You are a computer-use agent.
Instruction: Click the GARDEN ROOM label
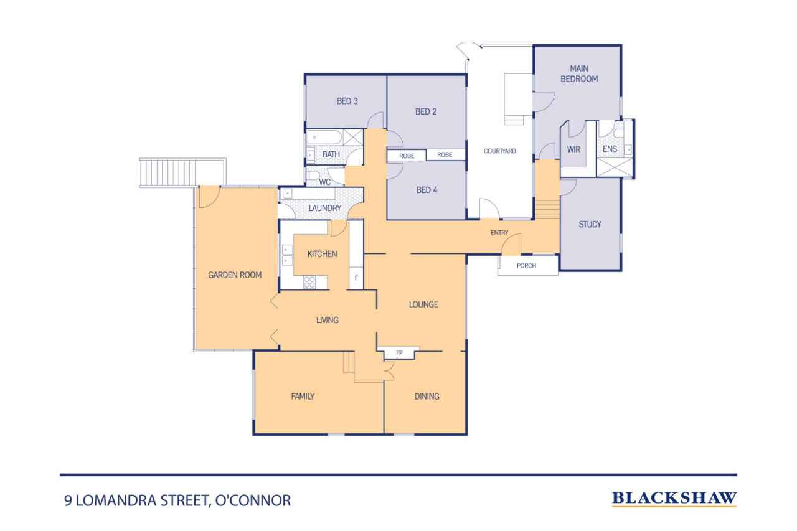pyautogui.click(x=235, y=275)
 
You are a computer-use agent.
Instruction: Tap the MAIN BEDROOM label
pyautogui.click(x=579, y=73)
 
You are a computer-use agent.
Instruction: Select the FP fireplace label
pyautogui.click(x=399, y=353)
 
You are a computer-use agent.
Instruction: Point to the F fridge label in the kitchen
pyautogui.click(x=356, y=278)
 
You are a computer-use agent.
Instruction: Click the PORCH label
pyautogui.click(x=526, y=266)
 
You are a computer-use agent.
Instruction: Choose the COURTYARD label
pyautogui.click(x=499, y=151)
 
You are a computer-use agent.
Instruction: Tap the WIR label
pyautogui.click(x=573, y=149)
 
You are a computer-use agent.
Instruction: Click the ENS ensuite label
pyautogui.click(x=610, y=149)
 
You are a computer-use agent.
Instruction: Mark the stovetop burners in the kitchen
pyautogui.click(x=309, y=282)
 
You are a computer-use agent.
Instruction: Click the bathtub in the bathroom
pyautogui.click(x=324, y=138)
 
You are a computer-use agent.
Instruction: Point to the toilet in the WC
pyautogui.click(x=313, y=176)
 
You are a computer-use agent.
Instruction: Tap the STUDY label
pyautogui.click(x=590, y=225)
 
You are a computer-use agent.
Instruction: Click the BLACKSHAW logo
pyautogui.click(x=674, y=499)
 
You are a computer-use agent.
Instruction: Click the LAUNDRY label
pyautogui.click(x=325, y=208)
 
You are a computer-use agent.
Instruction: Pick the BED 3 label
pyautogui.click(x=347, y=101)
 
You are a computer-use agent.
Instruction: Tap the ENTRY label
pyautogui.click(x=499, y=233)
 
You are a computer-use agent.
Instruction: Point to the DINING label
pyautogui.click(x=427, y=396)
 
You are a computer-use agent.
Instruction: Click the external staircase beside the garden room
pyautogui.click(x=183, y=172)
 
